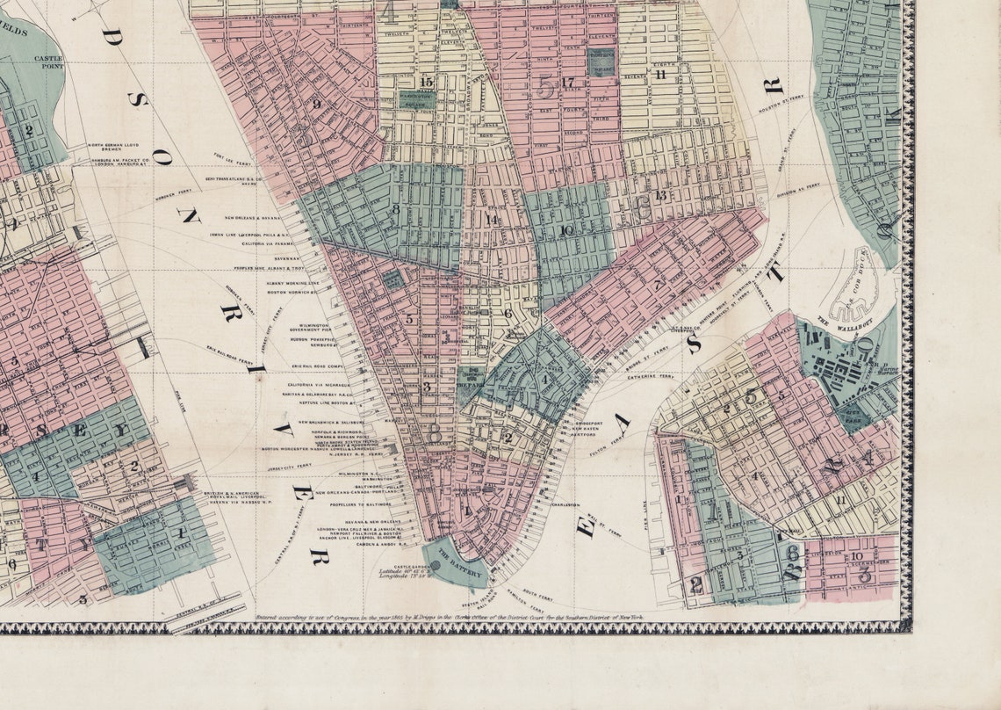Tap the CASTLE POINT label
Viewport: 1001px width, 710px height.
click(x=50, y=61)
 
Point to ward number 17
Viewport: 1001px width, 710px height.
click(x=567, y=83)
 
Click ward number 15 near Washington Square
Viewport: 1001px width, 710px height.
click(x=427, y=83)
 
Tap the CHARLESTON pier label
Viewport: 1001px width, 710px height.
click(x=565, y=505)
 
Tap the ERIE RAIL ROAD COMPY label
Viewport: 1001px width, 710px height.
click(x=328, y=364)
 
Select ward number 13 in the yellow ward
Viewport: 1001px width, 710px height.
click(x=660, y=194)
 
